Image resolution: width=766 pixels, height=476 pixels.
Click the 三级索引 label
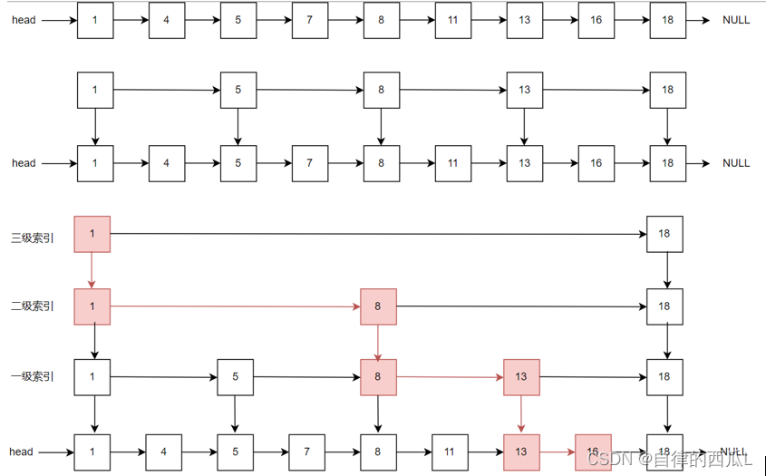[33, 238]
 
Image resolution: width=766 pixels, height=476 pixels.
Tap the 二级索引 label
[33, 306]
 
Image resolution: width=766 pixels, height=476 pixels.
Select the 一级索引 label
[33, 376]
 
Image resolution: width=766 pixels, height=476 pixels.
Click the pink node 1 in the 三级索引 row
[92, 234]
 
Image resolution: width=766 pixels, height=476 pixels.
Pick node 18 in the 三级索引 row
[664, 234]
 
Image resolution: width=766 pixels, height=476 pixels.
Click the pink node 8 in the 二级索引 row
[378, 306]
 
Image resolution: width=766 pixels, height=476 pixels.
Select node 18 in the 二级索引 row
[664, 306]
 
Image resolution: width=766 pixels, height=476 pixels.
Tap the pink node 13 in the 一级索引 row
[521, 377]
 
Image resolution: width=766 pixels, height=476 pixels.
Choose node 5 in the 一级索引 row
[235, 377]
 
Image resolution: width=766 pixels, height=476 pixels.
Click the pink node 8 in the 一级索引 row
[378, 377]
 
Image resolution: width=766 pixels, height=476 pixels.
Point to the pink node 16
[592, 451]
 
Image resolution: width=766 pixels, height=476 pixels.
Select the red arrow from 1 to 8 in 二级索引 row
[236, 306]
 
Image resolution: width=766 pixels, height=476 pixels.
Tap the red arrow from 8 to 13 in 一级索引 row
[450, 377]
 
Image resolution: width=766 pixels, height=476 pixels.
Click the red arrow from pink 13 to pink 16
[557, 451]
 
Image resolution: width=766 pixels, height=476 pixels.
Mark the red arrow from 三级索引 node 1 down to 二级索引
[92, 270]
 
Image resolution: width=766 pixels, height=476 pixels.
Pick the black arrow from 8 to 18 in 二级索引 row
[521, 306]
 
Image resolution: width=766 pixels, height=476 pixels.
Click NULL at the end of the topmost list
[736, 20]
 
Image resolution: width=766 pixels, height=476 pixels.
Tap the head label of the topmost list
[24, 20]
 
